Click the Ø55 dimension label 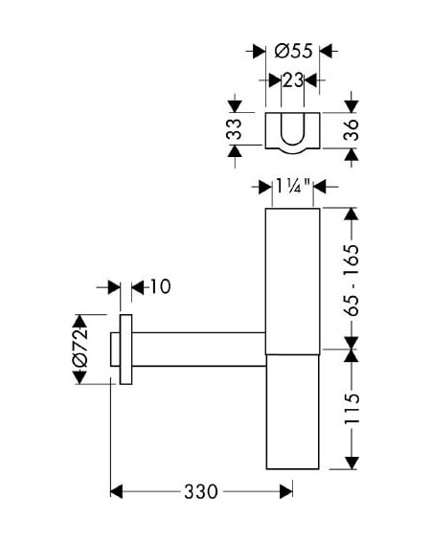pos(293,51)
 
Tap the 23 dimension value pos(293,80)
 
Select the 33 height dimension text pos(235,129)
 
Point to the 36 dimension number pos(351,130)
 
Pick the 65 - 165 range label pos(352,280)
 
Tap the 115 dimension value pos(352,409)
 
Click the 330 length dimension pos(201,491)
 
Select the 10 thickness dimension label pos(160,286)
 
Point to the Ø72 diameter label pos(80,348)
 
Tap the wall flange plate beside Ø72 pos(125,350)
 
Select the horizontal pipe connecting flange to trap pos(199,349)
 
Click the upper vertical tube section pos(293,282)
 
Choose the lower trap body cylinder pos(293,412)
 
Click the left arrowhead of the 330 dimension pos(117,491)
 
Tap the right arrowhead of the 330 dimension pos(286,491)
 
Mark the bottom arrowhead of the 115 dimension pos(352,464)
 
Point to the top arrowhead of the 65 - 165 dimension pos(352,214)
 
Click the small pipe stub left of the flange pos(115,349)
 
